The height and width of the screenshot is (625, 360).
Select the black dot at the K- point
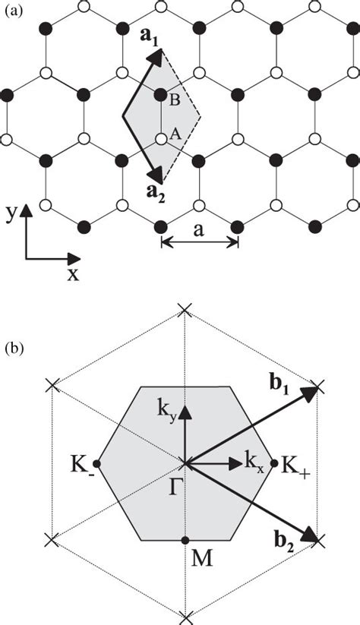(x=96, y=462)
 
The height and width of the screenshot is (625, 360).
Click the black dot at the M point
(x=186, y=540)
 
